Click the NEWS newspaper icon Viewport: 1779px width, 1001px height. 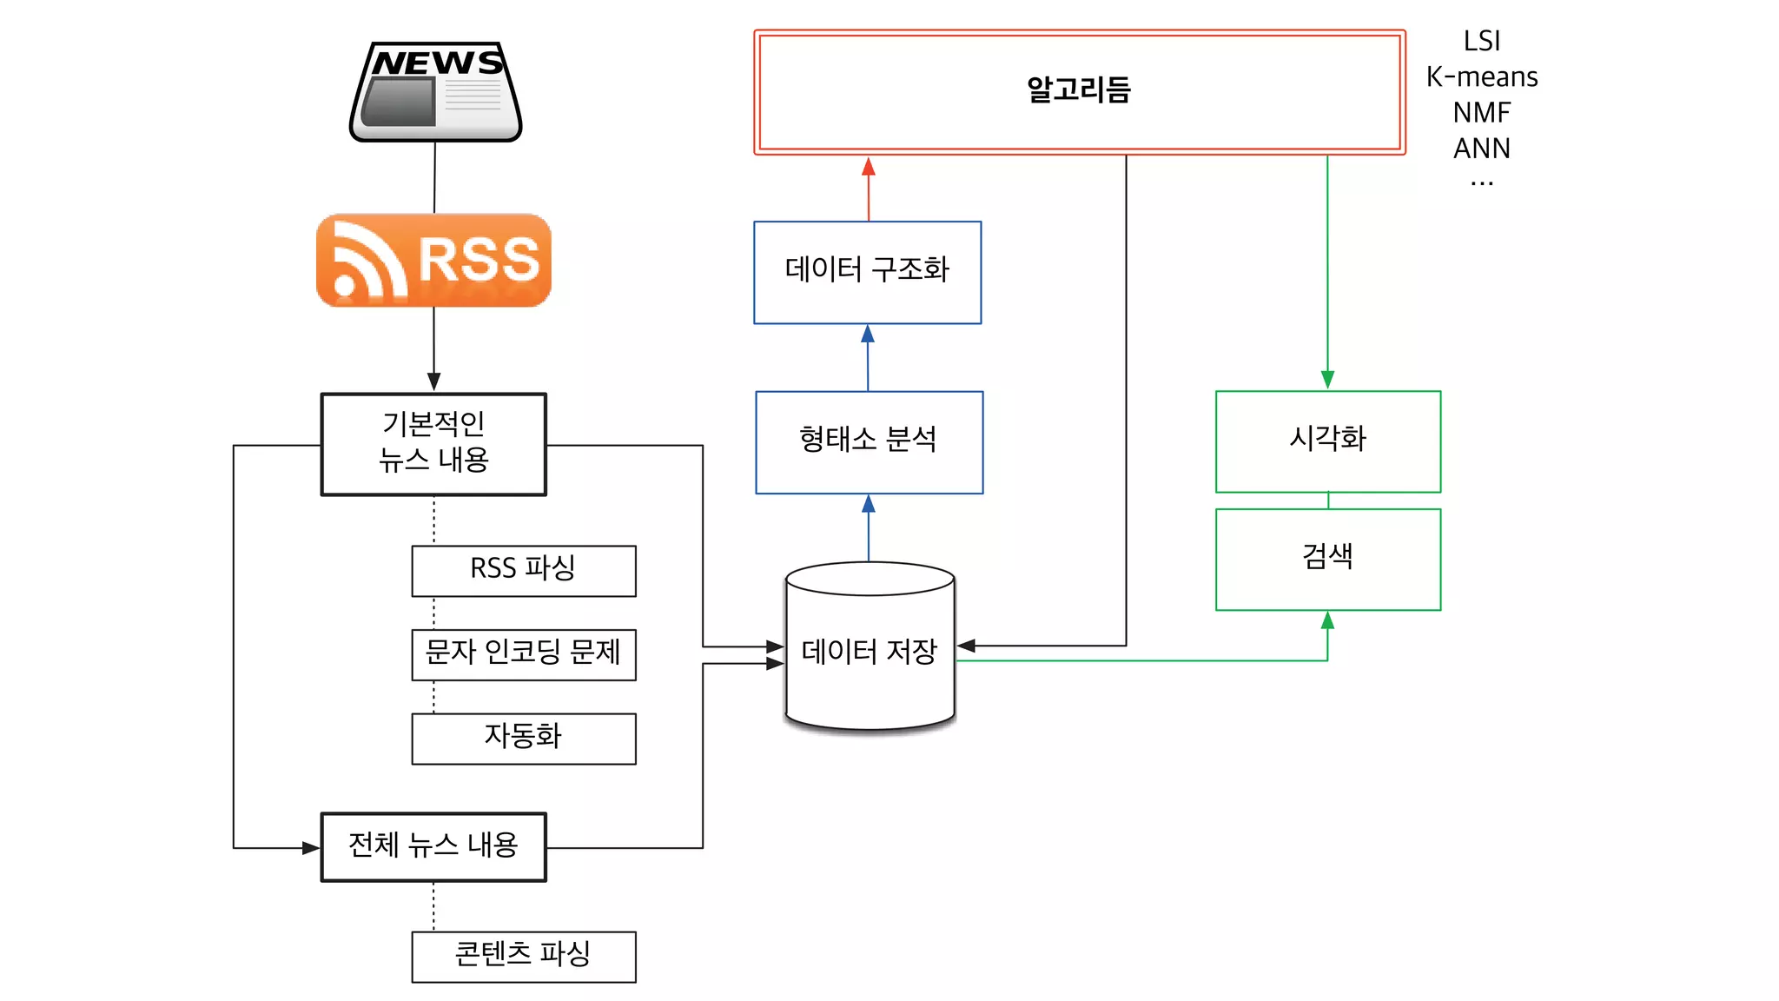(x=435, y=92)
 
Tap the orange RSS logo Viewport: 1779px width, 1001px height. (x=433, y=260)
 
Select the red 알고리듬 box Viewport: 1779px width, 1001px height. (x=1079, y=92)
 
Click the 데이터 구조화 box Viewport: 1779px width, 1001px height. (x=867, y=272)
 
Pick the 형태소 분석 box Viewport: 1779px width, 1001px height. (x=869, y=441)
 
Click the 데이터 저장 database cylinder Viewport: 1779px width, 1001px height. (x=870, y=649)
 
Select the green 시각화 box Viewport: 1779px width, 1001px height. (x=1327, y=441)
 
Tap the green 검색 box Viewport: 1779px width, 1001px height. (x=1327, y=559)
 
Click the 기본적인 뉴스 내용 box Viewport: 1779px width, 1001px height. (x=433, y=444)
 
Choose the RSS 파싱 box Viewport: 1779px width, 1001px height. (x=523, y=570)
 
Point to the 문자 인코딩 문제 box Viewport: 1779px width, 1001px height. (x=523, y=653)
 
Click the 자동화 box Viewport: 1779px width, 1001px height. (x=523, y=738)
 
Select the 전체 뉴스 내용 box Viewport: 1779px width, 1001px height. (x=433, y=846)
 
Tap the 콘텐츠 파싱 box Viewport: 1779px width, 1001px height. (x=523, y=956)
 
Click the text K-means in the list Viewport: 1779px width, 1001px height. (x=1482, y=77)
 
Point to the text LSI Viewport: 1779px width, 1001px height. (x=1482, y=41)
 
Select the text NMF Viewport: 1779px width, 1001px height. (x=1482, y=113)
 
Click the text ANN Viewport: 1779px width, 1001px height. (x=1482, y=149)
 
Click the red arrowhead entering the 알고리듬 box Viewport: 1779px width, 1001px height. (x=869, y=167)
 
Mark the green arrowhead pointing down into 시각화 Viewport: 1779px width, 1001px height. (x=1327, y=380)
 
